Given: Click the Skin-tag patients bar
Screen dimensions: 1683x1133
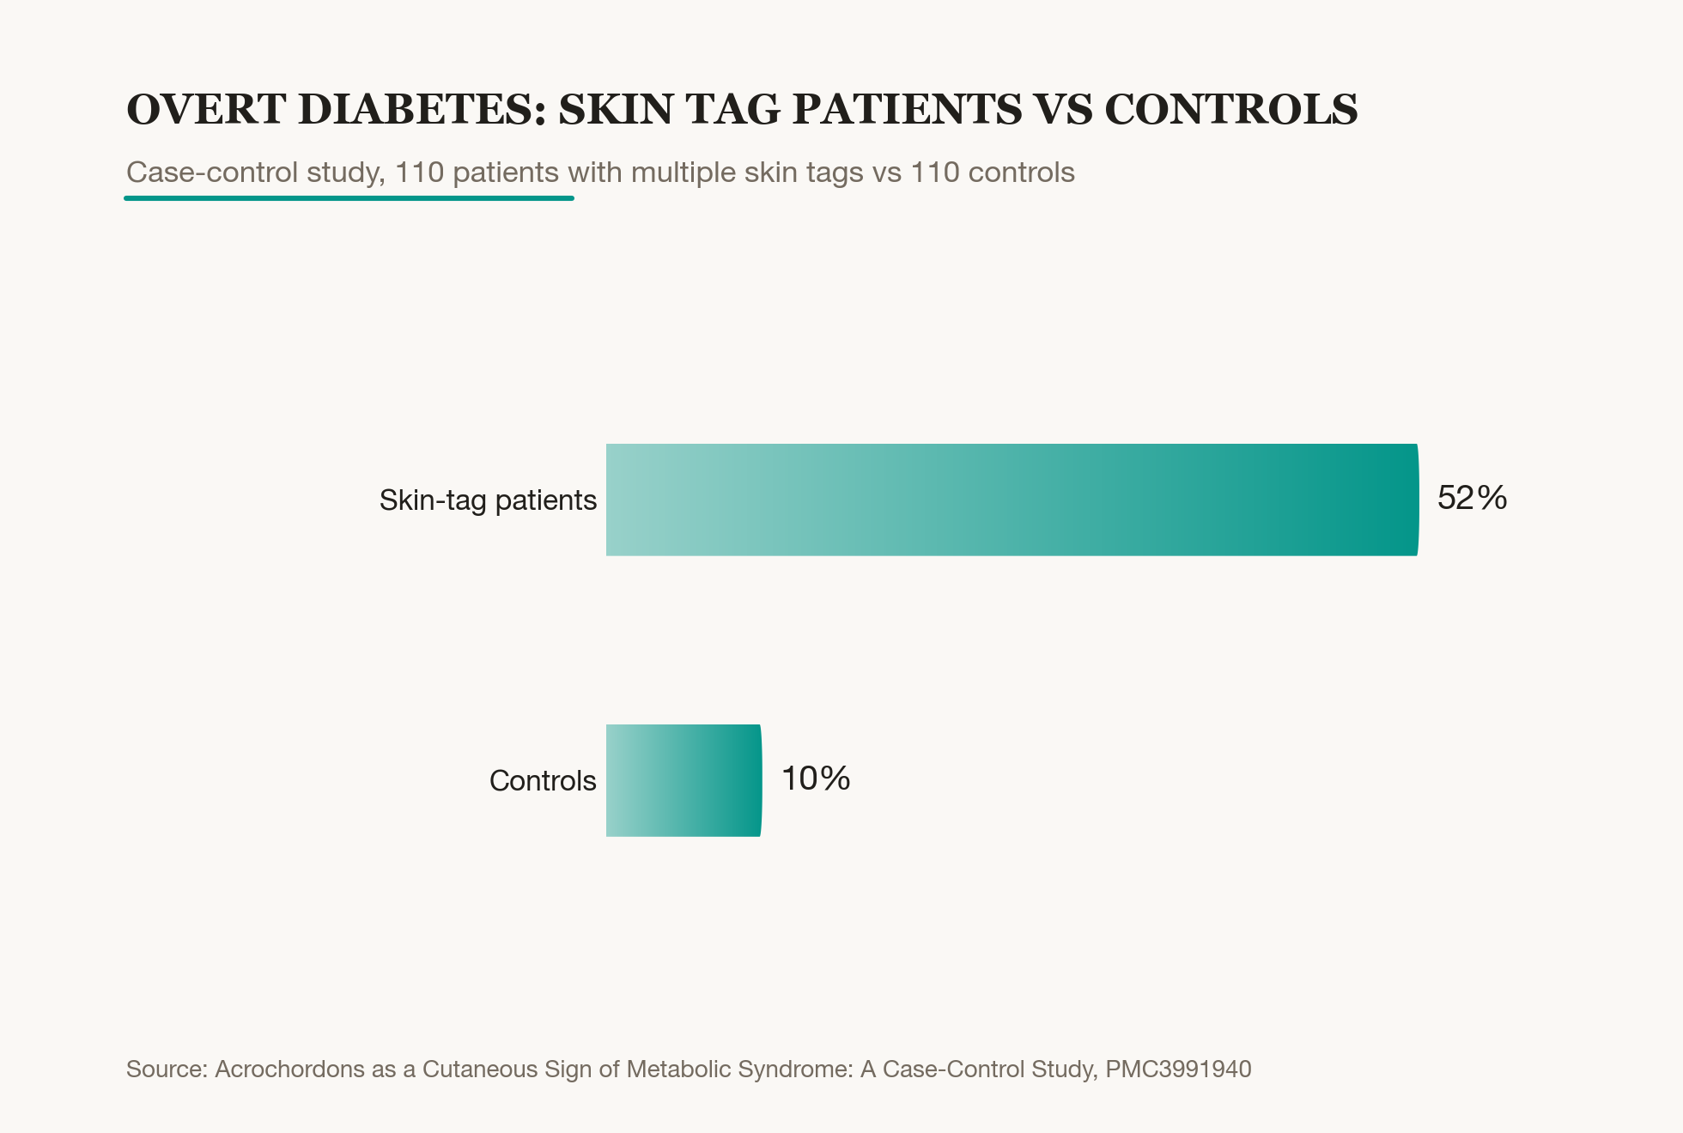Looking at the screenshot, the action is pyautogui.click(x=1012, y=500).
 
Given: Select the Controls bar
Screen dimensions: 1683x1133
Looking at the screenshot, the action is pyautogui.click(x=684, y=780).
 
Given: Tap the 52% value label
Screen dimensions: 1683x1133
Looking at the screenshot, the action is pyautogui.click(x=1472, y=498).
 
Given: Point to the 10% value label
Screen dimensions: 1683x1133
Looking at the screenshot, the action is pyautogui.click(x=816, y=779).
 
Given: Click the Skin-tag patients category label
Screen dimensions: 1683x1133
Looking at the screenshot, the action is pyautogui.click(x=488, y=500).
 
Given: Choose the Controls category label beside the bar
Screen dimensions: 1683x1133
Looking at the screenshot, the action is pyautogui.click(x=543, y=780).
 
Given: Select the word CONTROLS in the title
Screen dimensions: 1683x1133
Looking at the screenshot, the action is pyautogui.click(x=1231, y=110).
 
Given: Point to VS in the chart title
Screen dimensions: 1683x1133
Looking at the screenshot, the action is pyautogui.click(x=1063, y=110).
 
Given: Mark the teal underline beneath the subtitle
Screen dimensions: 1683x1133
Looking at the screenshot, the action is pyautogui.click(x=349, y=198).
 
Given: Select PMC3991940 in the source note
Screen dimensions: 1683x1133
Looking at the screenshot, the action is pyautogui.click(x=1178, y=1069).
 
